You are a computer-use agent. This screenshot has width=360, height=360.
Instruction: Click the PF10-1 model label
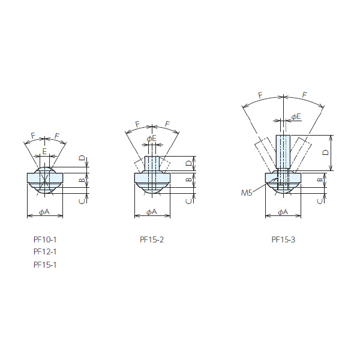click(45, 239)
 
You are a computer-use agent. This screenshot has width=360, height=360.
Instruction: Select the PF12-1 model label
click(45, 252)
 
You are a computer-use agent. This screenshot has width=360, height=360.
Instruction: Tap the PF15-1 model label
click(45, 265)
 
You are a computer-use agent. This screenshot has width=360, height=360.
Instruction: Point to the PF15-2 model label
click(152, 239)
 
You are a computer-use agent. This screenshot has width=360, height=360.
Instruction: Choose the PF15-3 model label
click(283, 239)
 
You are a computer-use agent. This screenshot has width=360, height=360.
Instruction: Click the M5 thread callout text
click(247, 193)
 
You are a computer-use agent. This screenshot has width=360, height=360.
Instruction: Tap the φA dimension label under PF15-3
click(283, 212)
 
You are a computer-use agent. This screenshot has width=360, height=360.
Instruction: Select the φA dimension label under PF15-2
click(152, 212)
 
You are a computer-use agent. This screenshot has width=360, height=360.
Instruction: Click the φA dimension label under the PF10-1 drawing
click(44, 212)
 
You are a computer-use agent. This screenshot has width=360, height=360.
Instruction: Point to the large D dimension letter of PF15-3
click(325, 152)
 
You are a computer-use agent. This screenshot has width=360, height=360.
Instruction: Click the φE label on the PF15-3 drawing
click(296, 116)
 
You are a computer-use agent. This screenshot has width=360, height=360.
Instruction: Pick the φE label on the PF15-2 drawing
click(152, 139)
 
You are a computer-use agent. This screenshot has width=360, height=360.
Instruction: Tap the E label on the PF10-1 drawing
click(44, 151)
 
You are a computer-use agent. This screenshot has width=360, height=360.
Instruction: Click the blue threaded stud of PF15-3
click(283, 152)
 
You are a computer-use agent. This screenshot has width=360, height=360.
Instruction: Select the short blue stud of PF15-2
click(152, 163)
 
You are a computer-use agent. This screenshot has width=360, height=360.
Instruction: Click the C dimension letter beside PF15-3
click(320, 201)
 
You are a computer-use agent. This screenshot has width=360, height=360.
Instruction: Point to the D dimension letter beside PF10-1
click(82, 158)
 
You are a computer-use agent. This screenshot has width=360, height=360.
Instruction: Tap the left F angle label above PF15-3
click(260, 95)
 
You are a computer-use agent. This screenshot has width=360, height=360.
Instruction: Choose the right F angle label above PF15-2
click(167, 124)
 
